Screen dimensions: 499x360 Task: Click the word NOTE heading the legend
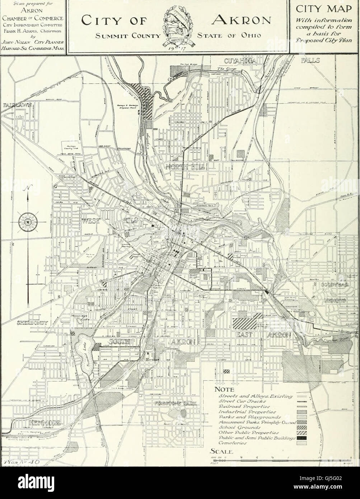click(224, 390)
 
